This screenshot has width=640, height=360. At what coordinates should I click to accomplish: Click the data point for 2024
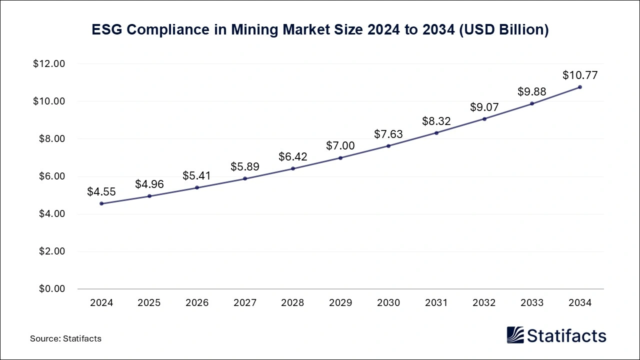[101, 203]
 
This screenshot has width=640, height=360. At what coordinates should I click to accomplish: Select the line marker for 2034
[580, 87]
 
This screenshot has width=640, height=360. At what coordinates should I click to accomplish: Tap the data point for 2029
[340, 157]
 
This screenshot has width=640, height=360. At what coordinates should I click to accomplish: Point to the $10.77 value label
[580, 75]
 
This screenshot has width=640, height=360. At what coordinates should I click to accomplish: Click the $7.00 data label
[340, 146]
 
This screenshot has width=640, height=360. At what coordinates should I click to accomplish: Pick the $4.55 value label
[101, 192]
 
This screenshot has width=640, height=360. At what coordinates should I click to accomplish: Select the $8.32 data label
[436, 121]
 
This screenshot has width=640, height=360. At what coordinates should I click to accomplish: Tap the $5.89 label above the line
[245, 167]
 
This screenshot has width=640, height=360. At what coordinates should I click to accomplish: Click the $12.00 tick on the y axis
[49, 64]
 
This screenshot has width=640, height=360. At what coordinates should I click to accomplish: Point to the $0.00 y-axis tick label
[51, 289]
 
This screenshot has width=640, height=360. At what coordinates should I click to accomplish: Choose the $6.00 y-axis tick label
[51, 176]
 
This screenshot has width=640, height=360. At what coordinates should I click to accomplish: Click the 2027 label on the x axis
[245, 303]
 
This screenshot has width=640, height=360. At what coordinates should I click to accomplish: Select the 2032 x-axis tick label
[484, 303]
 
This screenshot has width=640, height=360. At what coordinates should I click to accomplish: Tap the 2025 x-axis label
[149, 303]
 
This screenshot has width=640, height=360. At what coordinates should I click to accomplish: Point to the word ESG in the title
[107, 30]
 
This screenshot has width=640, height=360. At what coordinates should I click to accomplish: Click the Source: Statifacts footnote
[65, 338]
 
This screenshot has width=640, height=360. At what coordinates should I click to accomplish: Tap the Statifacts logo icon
[515, 335]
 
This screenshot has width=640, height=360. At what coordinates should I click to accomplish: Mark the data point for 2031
[436, 132]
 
